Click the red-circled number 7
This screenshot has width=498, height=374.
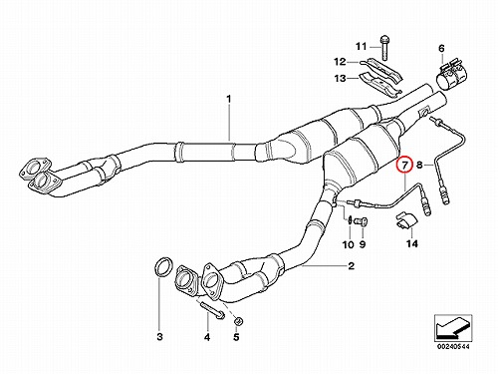[x=404, y=165]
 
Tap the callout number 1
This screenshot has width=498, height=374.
[x=229, y=99]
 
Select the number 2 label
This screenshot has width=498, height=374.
[x=352, y=266]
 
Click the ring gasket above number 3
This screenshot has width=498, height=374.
[x=164, y=266]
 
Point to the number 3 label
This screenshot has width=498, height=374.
[x=159, y=337]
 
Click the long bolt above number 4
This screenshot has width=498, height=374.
[x=211, y=309]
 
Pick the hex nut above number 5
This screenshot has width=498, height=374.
[x=238, y=321]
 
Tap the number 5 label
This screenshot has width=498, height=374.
[x=236, y=337]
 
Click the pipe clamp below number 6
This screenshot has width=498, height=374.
[x=449, y=77]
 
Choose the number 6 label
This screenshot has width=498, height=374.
[x=441, y=49]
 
